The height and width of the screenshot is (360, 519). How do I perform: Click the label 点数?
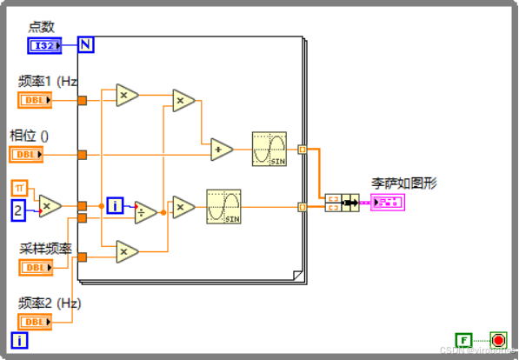(41, 26)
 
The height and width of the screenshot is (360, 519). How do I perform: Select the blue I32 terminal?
(44, 45)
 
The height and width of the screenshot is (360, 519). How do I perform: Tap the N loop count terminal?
(85, 44)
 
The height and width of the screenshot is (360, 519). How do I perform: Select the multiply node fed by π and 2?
(50, 205)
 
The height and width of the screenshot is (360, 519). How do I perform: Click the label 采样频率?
(43, 248)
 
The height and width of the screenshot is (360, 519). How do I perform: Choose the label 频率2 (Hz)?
(50, 303)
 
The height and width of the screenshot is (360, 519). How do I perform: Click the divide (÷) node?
(145, 211)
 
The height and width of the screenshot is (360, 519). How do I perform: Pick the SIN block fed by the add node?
(269, 150)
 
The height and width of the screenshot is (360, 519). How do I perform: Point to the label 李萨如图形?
(404, 183)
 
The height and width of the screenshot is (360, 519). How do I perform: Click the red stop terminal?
(497, 340)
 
